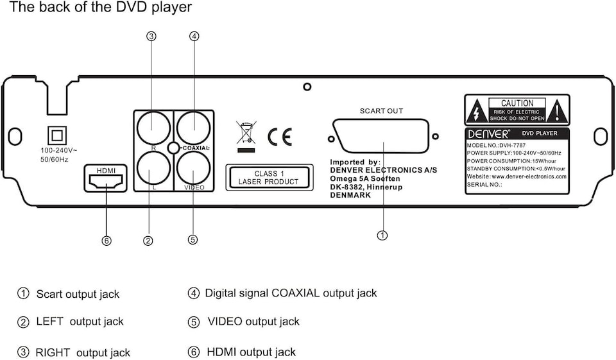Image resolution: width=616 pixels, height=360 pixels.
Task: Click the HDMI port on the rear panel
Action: [106, 182]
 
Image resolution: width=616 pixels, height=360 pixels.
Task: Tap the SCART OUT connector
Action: [381, 137]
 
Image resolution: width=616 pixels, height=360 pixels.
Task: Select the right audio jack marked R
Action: [152, 127]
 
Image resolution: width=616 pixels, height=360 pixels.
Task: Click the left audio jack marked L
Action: [152, 169]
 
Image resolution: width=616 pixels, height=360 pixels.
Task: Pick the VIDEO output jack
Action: [194, 169]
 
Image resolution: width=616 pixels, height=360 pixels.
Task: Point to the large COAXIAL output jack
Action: [194, 127]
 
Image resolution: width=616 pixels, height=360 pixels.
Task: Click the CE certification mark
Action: [279, 137]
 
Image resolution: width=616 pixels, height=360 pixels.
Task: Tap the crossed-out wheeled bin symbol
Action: [246, 133]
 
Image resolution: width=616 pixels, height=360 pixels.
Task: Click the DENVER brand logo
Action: [489, 133]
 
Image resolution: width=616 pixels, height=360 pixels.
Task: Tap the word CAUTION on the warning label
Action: [517, 103]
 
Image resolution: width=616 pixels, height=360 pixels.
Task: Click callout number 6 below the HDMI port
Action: [107, 241]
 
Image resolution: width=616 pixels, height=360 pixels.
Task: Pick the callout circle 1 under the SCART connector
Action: [382, 236]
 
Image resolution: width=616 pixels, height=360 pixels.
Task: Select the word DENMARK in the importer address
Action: [350, 195]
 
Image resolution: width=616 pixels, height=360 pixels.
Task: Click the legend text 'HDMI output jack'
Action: [251, 352]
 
